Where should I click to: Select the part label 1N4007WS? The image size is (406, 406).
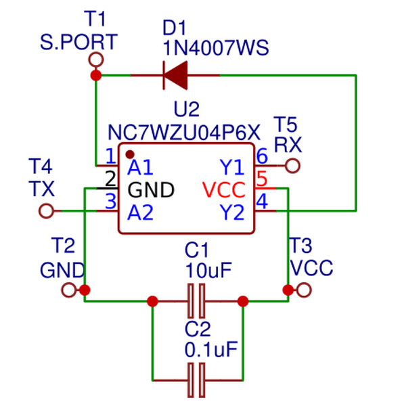pyautogui.click(x=216, y=49)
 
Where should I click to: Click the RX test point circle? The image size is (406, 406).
pyautogui.click(x=292, y=165)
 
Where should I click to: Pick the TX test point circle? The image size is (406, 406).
pyautogui.click(x=46, y=211)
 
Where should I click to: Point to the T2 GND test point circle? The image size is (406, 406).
pyautogui.click(x=68, y=290)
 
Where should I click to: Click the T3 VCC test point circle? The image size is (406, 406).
pyautogui.click(x=304, y=290)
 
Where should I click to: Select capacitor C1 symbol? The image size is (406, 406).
pyautogui.click(x=197, y=301)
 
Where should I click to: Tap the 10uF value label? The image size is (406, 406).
pyautogui.click(x=208, y=270)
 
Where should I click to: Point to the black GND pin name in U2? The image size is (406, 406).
pyautogui.click(x=151, y=189)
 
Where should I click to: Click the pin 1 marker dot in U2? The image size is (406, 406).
pyautogui.click(x=130, y=154)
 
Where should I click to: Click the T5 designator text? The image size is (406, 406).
pyautogui.click(x=285, y=124)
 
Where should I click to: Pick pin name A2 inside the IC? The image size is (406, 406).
pyautogui.click(x=141, y=212)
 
